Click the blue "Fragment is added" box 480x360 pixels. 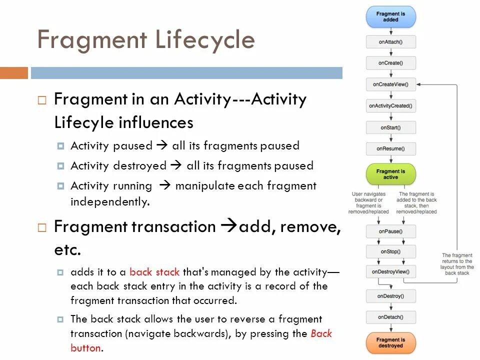coord(390,16)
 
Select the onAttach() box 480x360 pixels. coord(390,42)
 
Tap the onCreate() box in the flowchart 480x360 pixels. coord(390,63)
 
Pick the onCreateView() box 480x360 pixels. coord(390,84)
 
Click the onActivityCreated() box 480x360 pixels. coord(390,106)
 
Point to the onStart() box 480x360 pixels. coord(390,127)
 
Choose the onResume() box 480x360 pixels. coord(390,148)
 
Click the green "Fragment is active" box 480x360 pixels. coord(390,174)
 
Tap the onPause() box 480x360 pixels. coord(390,231)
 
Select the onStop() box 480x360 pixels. coord(390,251)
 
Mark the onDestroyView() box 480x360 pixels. coord(390,272)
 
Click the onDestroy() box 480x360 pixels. coord(390,296)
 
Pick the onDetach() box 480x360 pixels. coord(390,317)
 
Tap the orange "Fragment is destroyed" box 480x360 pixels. coord(390,342)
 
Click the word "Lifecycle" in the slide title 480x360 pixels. coord(204,40)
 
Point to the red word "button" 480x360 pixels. coord(86,347)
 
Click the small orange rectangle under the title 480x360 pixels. coord(14,73)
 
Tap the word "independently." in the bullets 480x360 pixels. coord(110,202)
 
